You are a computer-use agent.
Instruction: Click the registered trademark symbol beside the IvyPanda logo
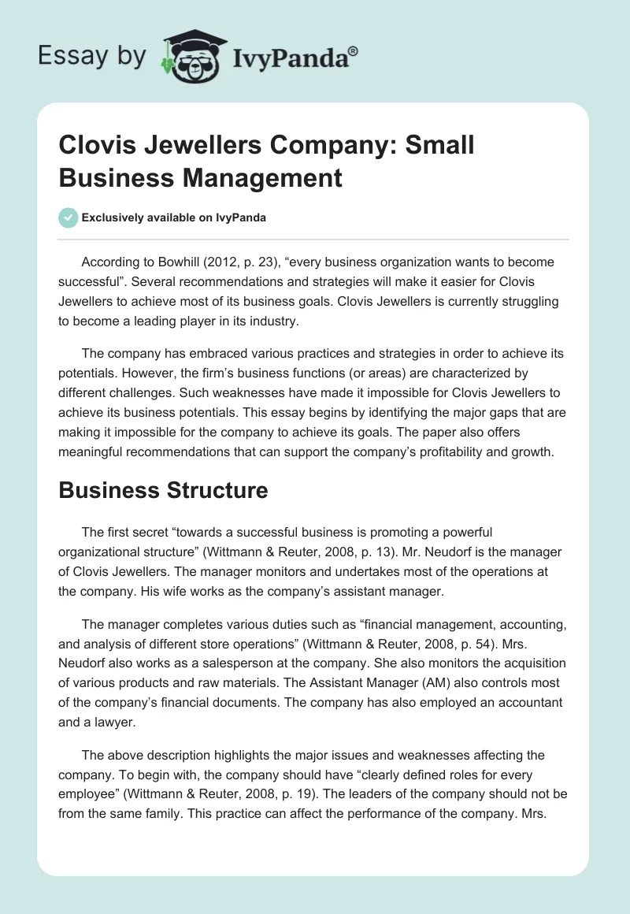click(354, 52)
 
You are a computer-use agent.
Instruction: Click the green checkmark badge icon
click(69, 217)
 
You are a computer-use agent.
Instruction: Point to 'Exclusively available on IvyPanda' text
click(174, 218)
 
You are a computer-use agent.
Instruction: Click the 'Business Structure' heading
click(163, 490)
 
